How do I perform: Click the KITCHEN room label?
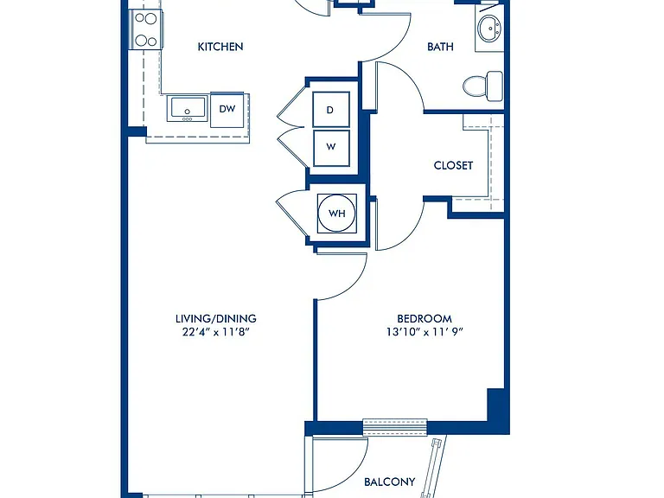[220, 47]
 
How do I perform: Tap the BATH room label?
[440, 47]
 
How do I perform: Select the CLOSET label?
[453, 165]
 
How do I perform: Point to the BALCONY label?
[390, 482]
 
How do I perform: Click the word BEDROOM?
[425, 318]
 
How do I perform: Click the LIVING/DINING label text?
[216, 318]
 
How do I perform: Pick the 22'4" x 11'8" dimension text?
[215, 332]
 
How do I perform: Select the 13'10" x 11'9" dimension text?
[425, 332]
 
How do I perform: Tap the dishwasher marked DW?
[227, 110]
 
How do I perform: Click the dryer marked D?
[331, 109]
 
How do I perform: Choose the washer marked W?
[331, 148]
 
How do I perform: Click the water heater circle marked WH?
[337, 213]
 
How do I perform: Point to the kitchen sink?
[187, 108]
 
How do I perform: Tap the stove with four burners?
[145, 29]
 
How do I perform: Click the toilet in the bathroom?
[482, 86]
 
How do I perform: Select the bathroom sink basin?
[490, 29]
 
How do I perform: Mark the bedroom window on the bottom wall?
[395, 427]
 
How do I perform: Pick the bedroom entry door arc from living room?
[354, 284]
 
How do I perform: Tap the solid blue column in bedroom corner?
[495, 405]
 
